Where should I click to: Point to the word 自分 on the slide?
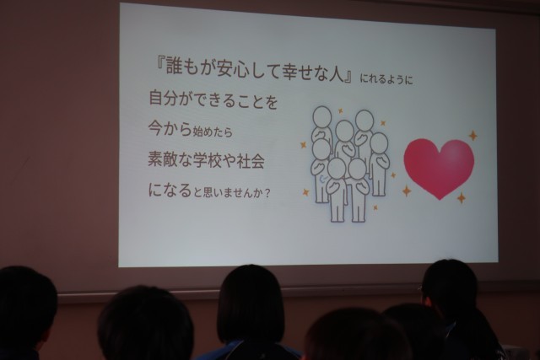(x=163, y=98)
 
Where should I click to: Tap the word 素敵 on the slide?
(x=163, y=159)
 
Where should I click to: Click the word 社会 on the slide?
(x=251, y=161)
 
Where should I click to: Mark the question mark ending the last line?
(x=267, y=193)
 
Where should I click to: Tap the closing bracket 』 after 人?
(x=350, y=73)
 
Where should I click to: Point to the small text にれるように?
(x=386, y=79)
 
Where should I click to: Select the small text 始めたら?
(x=213, y=132)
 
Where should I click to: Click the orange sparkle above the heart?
(x=473, y=136)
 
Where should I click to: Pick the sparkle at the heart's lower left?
(x=407, y=191)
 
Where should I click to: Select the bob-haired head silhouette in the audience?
(x=251, y=304)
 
